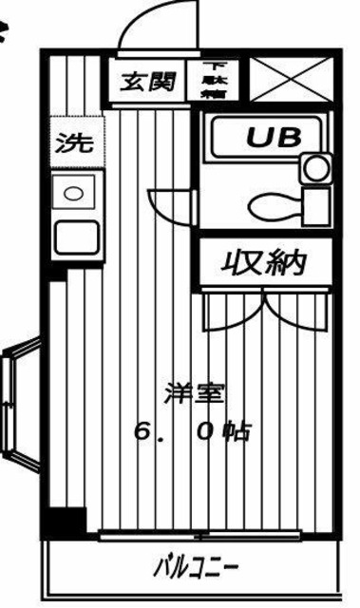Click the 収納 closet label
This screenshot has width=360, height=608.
[x=265, y=262]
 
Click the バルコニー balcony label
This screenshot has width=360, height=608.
[x=197, y=570]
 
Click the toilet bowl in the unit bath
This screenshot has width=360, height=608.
[x=272, y=204]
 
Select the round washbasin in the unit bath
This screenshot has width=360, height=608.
[x=313, y=170]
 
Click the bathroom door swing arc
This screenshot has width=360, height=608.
[x=169, y=204]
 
